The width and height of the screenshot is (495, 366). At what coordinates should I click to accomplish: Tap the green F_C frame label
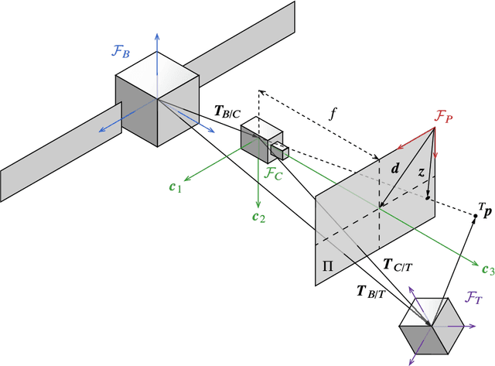(x=275, y=173)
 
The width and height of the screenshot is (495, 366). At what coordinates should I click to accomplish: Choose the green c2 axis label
(x=257, y=217)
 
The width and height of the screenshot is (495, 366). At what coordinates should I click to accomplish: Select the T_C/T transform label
(x=398, y=264)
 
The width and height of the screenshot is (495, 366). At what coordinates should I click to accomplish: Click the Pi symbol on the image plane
(x=329, y=267)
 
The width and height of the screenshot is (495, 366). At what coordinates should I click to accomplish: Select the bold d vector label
(x=395, y=167)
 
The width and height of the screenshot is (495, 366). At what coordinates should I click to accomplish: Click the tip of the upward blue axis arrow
(x=157, y=35)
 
